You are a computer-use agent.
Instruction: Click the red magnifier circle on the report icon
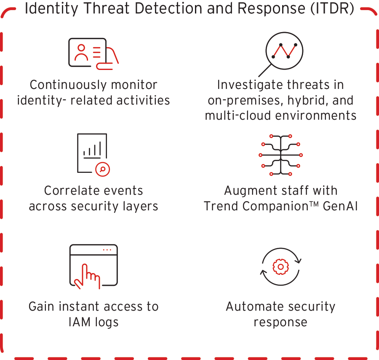[102, 169]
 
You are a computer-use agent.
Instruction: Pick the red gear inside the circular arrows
[280, 266]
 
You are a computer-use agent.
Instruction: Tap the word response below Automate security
[280, 322]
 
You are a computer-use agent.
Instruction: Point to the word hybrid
[304, 100]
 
